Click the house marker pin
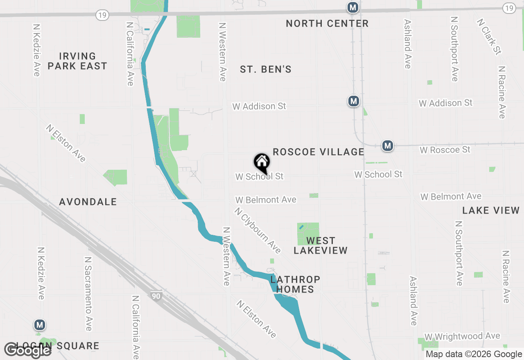pos(262,162)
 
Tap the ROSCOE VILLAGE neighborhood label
pos(318,152)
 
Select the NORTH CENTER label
pos(327,24)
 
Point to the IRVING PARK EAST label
pos(77,61)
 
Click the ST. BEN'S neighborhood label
pos(266,70)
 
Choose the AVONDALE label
pos(88,202)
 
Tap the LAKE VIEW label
pos(491,211)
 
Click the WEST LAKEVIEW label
pos(321,245)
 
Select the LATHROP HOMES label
pos(295,284)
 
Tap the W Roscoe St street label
pos(445,150)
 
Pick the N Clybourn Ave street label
pos(257,230)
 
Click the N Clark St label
pos(489,36)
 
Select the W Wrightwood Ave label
pos(462,336)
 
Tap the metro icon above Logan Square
pos(40,325)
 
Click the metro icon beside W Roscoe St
pos(388,145)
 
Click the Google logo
pos(27,350)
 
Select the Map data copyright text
pos(474,354)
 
